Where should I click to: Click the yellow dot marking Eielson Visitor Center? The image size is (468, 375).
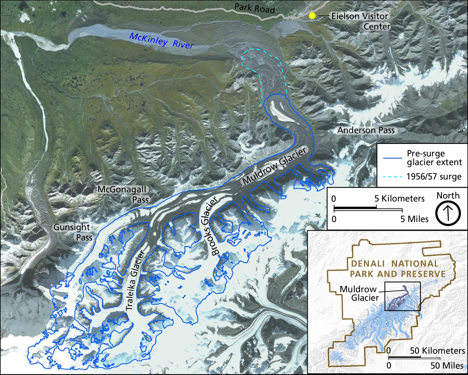(x=312, y=16)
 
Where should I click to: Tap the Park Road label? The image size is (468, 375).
(x=255, y=8)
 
